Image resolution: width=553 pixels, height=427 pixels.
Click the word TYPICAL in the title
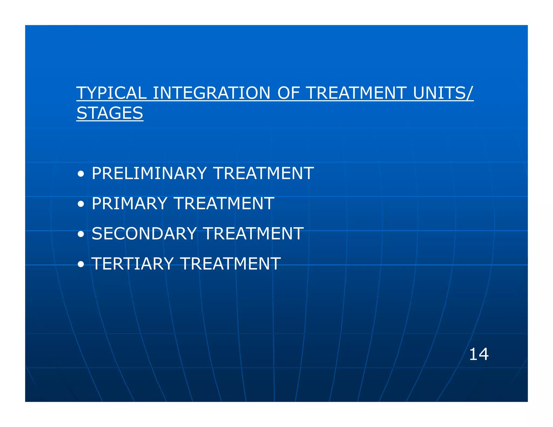(x=111, y=93)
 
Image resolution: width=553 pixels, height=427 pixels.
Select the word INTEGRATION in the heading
(x=211, y=93)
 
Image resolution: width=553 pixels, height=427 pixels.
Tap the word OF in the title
(x=288, y=93)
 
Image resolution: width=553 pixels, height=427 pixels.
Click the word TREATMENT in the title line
(x=356, y=93)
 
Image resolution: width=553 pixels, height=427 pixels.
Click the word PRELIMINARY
(x=149, y=173)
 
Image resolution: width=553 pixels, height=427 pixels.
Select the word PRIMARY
(x=129, y=204)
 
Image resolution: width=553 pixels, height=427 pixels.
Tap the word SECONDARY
(x=144, y=234)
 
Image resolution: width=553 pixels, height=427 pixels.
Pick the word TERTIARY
(x=132, y=264)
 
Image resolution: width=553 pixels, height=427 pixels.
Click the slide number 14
(x=479, y=354)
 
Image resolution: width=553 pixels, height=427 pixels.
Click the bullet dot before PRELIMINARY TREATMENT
(x=80, y=174)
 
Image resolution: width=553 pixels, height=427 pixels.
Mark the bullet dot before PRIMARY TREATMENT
(x=80, y=204)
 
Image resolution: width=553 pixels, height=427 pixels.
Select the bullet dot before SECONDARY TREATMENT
(x=80, y=234)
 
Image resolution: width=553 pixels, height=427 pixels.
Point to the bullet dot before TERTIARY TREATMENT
(x=80, y=265)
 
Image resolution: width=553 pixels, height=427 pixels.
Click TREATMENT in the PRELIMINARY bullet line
(x=264, y=173)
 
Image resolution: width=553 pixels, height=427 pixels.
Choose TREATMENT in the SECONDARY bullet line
(x=253, y=234)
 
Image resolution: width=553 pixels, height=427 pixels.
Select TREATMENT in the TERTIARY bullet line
(x=230, y=264)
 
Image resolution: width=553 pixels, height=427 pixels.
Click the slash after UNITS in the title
(x=470, y=93)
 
